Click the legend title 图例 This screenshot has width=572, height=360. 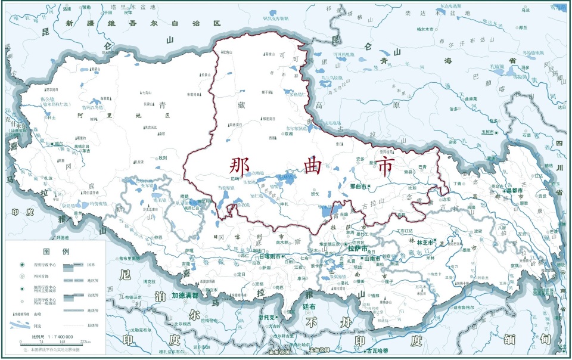coord(57,251)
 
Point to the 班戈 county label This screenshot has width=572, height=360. coord(315,193)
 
